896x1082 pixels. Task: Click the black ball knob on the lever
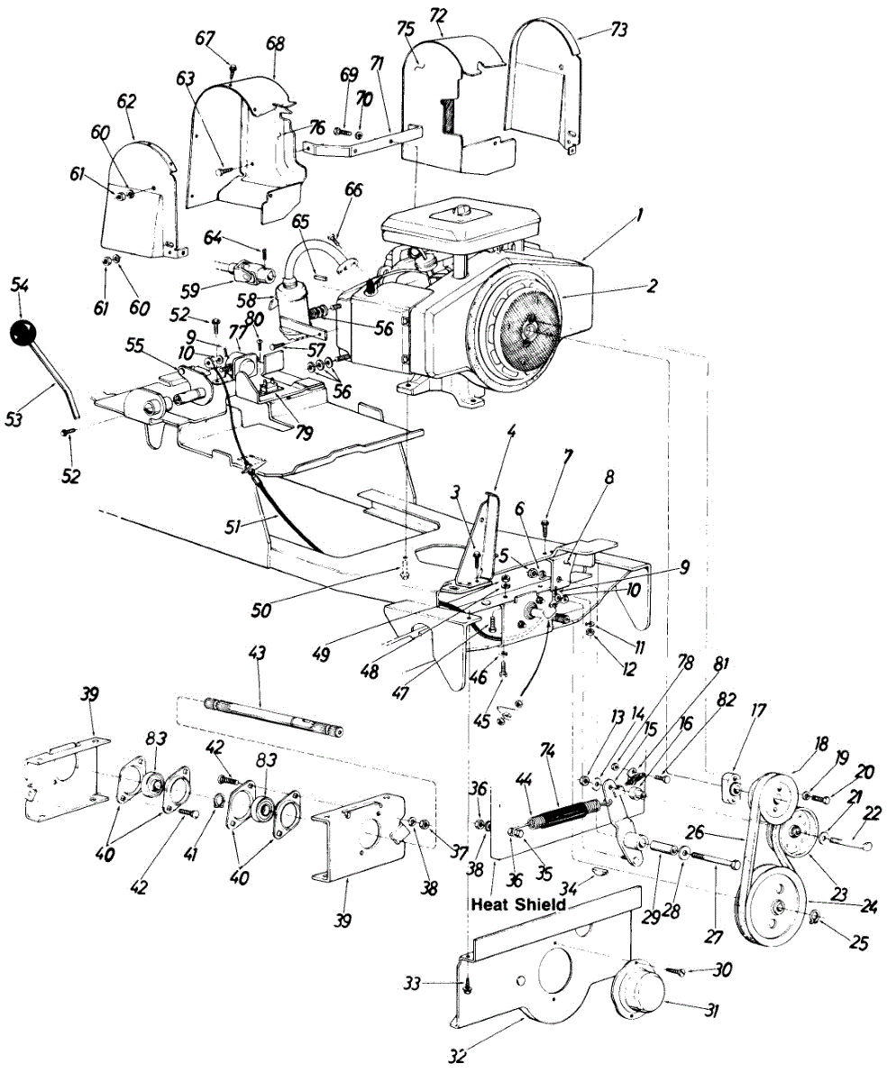coord(26,334)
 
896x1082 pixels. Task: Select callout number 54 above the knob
coord(20,285)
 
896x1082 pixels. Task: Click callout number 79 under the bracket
coord(306,434)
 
